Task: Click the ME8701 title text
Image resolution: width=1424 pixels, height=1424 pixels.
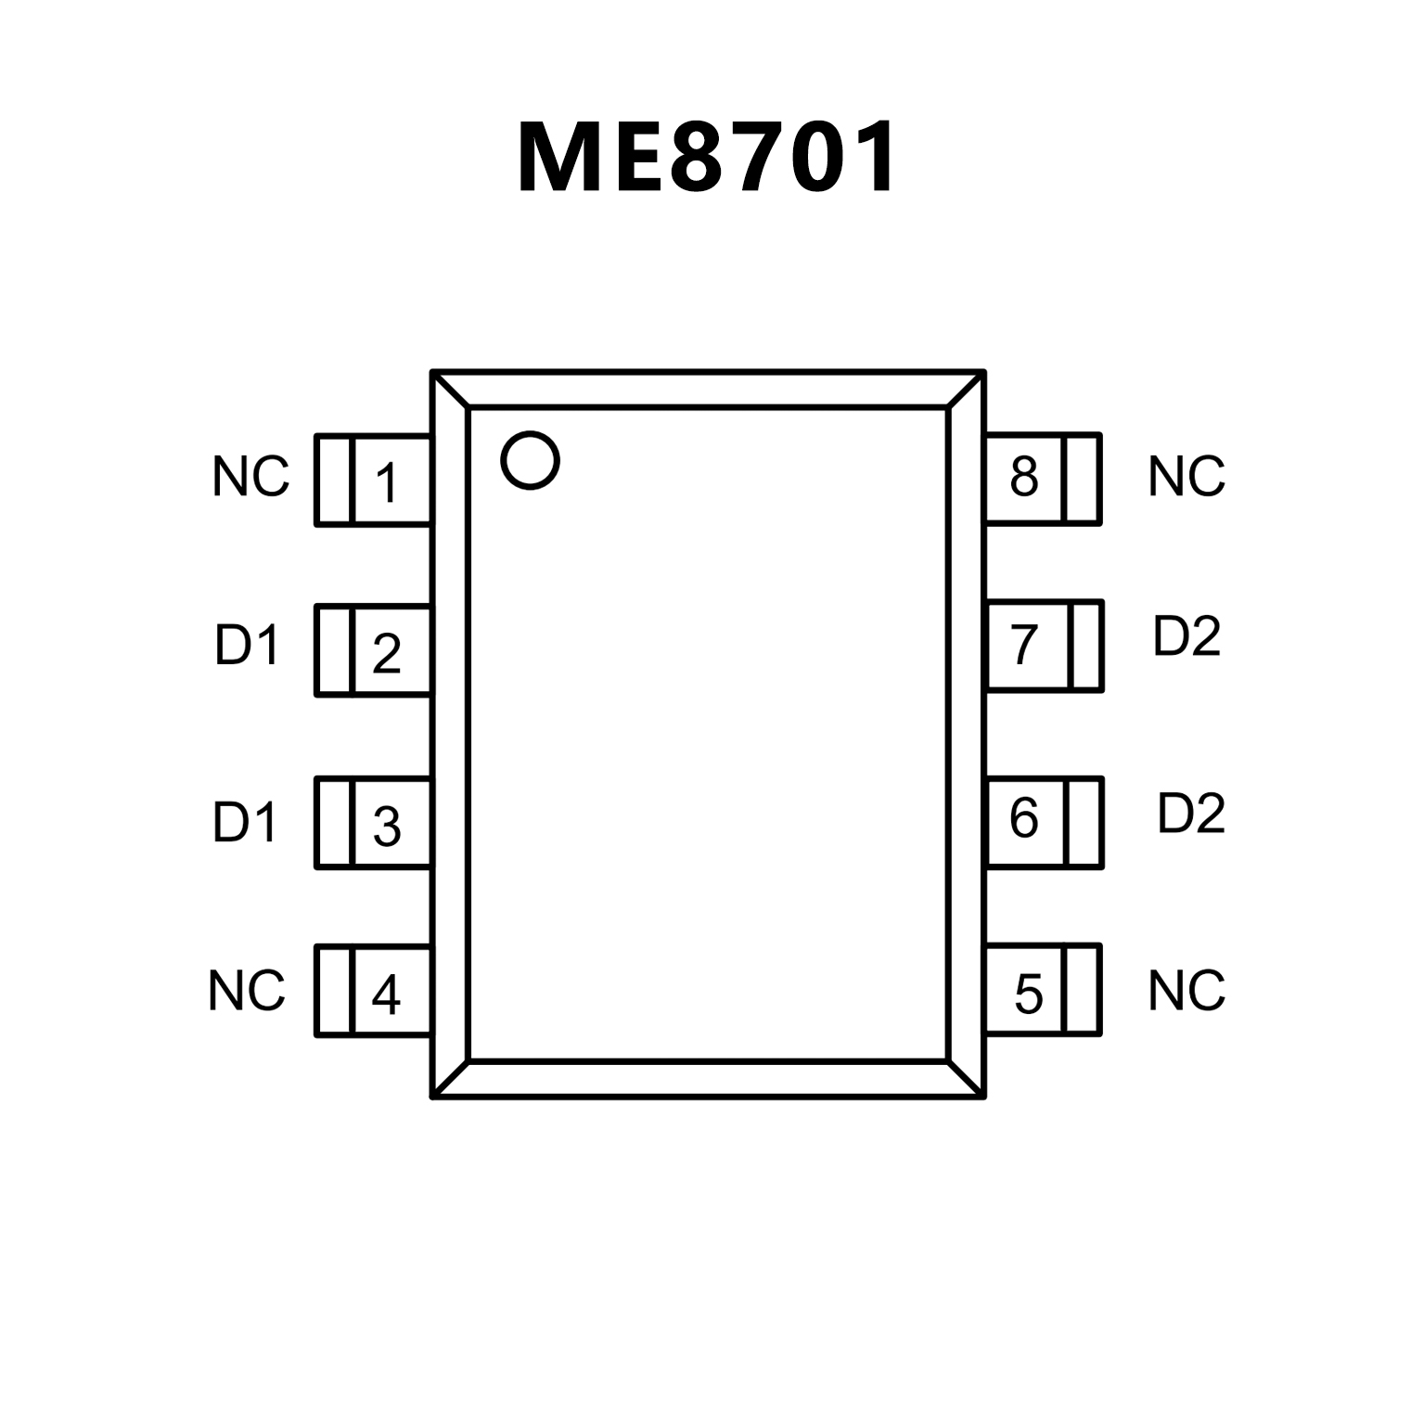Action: tap(708, 158)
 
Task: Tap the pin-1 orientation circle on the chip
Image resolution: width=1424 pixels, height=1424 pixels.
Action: tap(530, 460)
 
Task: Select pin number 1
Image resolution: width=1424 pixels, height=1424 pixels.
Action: tap(387, 482)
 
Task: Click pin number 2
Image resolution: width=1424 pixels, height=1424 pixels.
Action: tap(387, 653)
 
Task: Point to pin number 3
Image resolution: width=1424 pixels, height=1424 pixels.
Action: tap(387, 826)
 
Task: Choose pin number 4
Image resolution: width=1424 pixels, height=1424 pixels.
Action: tap(386, 994)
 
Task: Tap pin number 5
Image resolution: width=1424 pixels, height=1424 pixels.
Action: tap(1028, 994)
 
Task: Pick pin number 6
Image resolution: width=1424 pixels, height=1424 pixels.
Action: tap(1024, 818)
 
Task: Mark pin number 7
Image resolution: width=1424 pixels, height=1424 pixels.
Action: tap(1024, 646)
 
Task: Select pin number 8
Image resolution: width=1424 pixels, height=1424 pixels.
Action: tap(1024, 476)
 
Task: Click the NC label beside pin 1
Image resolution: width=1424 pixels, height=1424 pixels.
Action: tap(250, 477)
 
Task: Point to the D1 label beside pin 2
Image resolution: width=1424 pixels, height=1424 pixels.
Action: tap(247, 645)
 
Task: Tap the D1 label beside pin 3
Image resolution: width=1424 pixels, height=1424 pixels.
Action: tap(245, 822)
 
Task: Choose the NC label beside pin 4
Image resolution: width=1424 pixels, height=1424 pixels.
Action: tap(246, 991)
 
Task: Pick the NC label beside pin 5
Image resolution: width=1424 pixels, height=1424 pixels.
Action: tap(1187, 991)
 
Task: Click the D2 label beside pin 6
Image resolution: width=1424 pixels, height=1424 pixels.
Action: tap(1191, 813)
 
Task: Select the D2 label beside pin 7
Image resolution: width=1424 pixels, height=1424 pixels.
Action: tap(1187, 636)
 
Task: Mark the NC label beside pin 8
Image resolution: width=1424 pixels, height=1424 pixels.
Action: tap(1187, 476)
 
